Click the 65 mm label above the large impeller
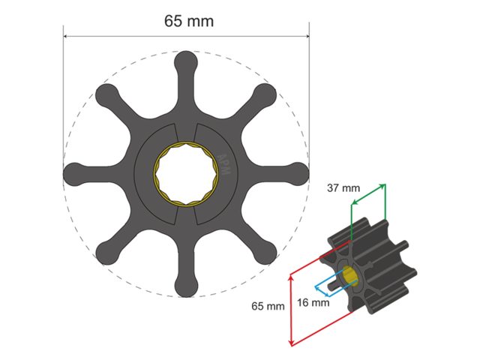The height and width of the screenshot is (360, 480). [188, 21]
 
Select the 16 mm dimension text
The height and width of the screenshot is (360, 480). [313, 303]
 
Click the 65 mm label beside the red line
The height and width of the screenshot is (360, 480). [268, 306]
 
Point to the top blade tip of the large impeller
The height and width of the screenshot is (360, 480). [186, 61]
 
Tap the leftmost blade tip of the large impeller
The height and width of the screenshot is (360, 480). [73, 173]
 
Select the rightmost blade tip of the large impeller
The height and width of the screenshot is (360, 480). [298, 173]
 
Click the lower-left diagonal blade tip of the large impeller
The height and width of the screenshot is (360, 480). [106, 253]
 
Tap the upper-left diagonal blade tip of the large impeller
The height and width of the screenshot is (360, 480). [106, 94]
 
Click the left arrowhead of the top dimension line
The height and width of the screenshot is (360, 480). [66, 35]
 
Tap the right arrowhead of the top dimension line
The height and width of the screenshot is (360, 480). [307, 35]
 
